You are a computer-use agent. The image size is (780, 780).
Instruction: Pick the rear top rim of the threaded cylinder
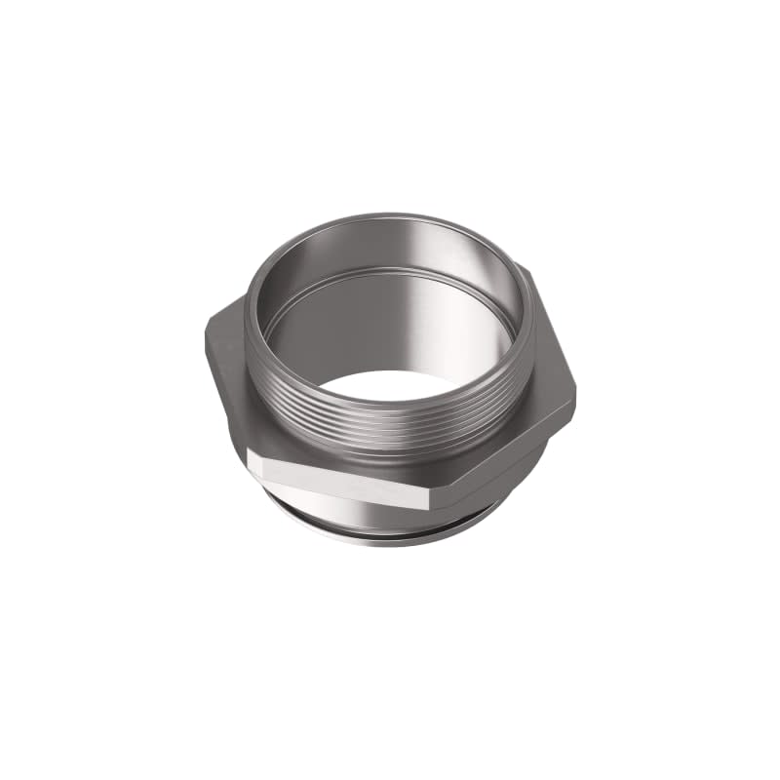(x=390, y=216)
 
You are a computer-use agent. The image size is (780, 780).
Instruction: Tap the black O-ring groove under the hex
(x=390, y=529)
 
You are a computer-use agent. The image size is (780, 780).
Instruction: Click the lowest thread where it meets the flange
(x=390, y=450)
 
